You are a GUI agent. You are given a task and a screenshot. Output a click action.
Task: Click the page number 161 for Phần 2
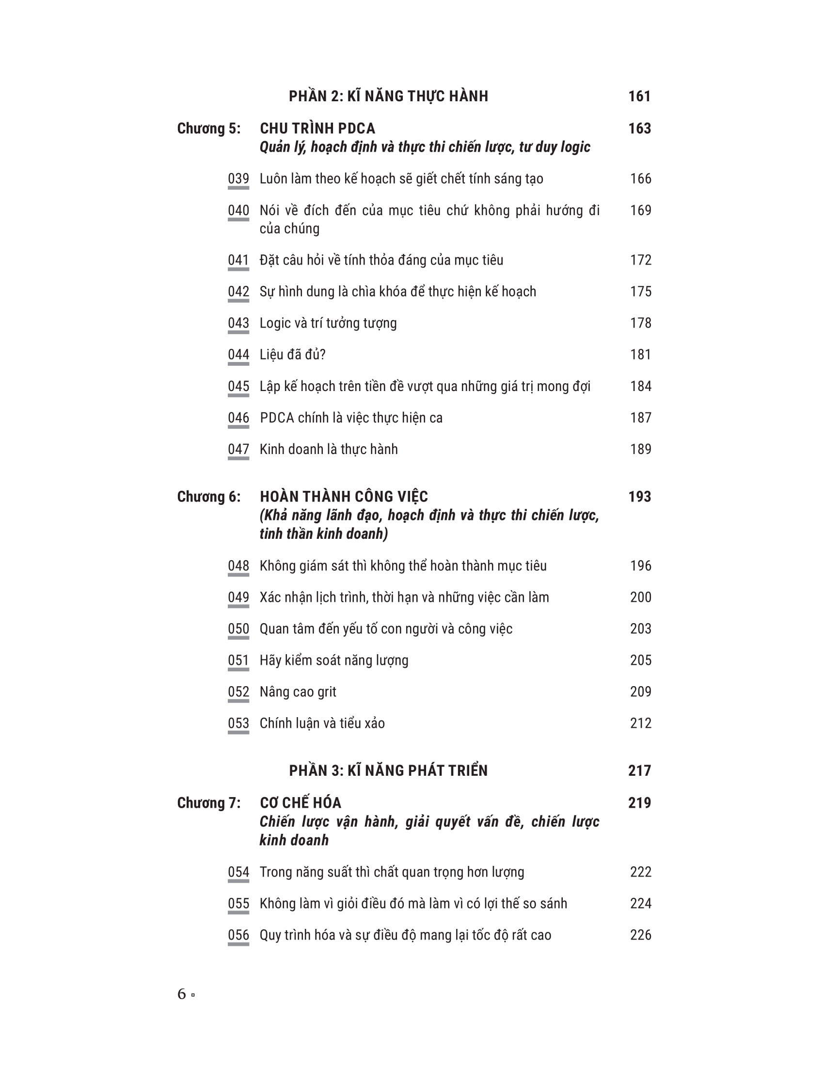[639, 96]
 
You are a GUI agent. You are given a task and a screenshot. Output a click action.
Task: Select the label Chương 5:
[208, 128]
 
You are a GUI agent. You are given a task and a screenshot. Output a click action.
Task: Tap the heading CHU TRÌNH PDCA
[317, 128]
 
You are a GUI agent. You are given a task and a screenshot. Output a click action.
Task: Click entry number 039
[238, 179]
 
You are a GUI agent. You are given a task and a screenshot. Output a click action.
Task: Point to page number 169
[640, 210]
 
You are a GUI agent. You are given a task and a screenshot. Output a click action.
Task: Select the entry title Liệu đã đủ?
[292, 354]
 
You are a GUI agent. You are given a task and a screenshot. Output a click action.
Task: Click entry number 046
[238, 418]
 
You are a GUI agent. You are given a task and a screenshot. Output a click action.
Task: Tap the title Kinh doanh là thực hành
[329, 449]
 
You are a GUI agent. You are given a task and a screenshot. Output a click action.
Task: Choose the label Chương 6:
[208, 497]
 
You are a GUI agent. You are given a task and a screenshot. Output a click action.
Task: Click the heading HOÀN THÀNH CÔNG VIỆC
[344, 497]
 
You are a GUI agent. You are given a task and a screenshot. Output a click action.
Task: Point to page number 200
[640, 597]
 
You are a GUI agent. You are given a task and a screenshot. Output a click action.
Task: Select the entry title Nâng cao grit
[298, 691]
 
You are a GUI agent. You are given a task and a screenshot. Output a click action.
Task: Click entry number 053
[238, 723]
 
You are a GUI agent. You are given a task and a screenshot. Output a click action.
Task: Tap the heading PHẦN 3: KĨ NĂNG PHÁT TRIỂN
[388, 771]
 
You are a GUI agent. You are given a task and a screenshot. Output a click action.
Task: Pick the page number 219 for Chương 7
[639, 803]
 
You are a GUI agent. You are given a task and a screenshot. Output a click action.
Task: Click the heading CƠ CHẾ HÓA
[300, 803]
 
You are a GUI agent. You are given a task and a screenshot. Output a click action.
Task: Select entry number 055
[238, 904]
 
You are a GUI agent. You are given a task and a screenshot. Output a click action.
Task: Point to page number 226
[640, 935]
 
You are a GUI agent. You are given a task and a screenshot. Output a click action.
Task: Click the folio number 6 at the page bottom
[182, 994]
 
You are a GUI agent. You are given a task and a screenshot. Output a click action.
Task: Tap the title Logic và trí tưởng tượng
[328, 323]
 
